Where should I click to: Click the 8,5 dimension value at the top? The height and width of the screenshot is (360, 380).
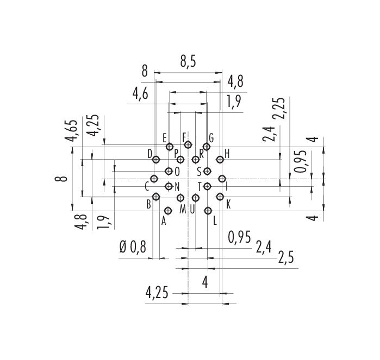[188, 62]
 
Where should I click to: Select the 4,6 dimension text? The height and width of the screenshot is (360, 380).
[140, 94]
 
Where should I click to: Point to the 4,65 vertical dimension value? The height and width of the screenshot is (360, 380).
[71, 130]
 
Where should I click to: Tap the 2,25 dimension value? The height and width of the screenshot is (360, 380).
[278, 108]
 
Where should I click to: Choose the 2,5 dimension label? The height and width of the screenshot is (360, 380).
[286, 257]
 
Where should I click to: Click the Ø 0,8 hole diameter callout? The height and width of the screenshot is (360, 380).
[133, 248]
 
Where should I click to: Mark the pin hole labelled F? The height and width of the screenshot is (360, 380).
[188, 145]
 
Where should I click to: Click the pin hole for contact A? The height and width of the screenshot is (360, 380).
[168, 211]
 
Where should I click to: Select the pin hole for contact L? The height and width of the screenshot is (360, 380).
[208, 211]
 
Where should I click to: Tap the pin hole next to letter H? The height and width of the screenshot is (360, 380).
[220, 160]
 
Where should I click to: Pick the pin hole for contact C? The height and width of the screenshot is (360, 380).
[154, 179]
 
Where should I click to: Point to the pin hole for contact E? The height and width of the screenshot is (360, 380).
[170, 147]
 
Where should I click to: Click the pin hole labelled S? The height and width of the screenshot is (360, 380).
[207, 171]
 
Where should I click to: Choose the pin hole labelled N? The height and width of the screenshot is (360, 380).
[169, 186]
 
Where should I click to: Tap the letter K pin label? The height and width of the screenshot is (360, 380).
[228, 205]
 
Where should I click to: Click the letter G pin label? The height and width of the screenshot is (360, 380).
[211, 138]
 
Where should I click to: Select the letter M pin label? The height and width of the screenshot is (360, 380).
[183, 209]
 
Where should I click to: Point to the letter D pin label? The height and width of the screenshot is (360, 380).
[150, 154]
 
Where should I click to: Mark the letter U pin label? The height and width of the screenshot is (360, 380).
[192, 209]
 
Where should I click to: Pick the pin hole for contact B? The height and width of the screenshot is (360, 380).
[157, 197]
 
